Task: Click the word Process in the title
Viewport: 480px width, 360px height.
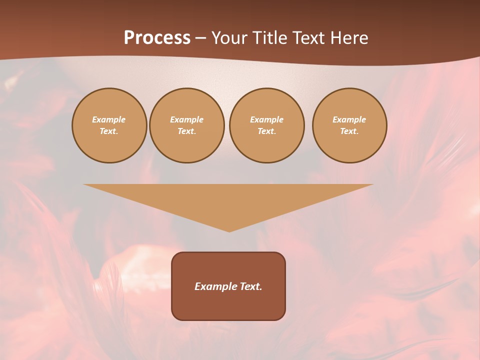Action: [x=157, y=38]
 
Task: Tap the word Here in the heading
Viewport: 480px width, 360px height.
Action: [x=348, y=38]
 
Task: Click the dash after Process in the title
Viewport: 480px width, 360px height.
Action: [x=200, y=38]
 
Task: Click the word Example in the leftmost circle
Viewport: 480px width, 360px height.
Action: [x=109, y=119]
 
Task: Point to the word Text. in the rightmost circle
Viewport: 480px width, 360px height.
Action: [x=349, y=131]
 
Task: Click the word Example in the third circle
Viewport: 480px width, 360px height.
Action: [x=266, y=119]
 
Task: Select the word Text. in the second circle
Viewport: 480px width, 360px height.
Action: [x=186, y=131]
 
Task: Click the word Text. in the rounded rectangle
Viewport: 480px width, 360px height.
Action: [x=250, y=286]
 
